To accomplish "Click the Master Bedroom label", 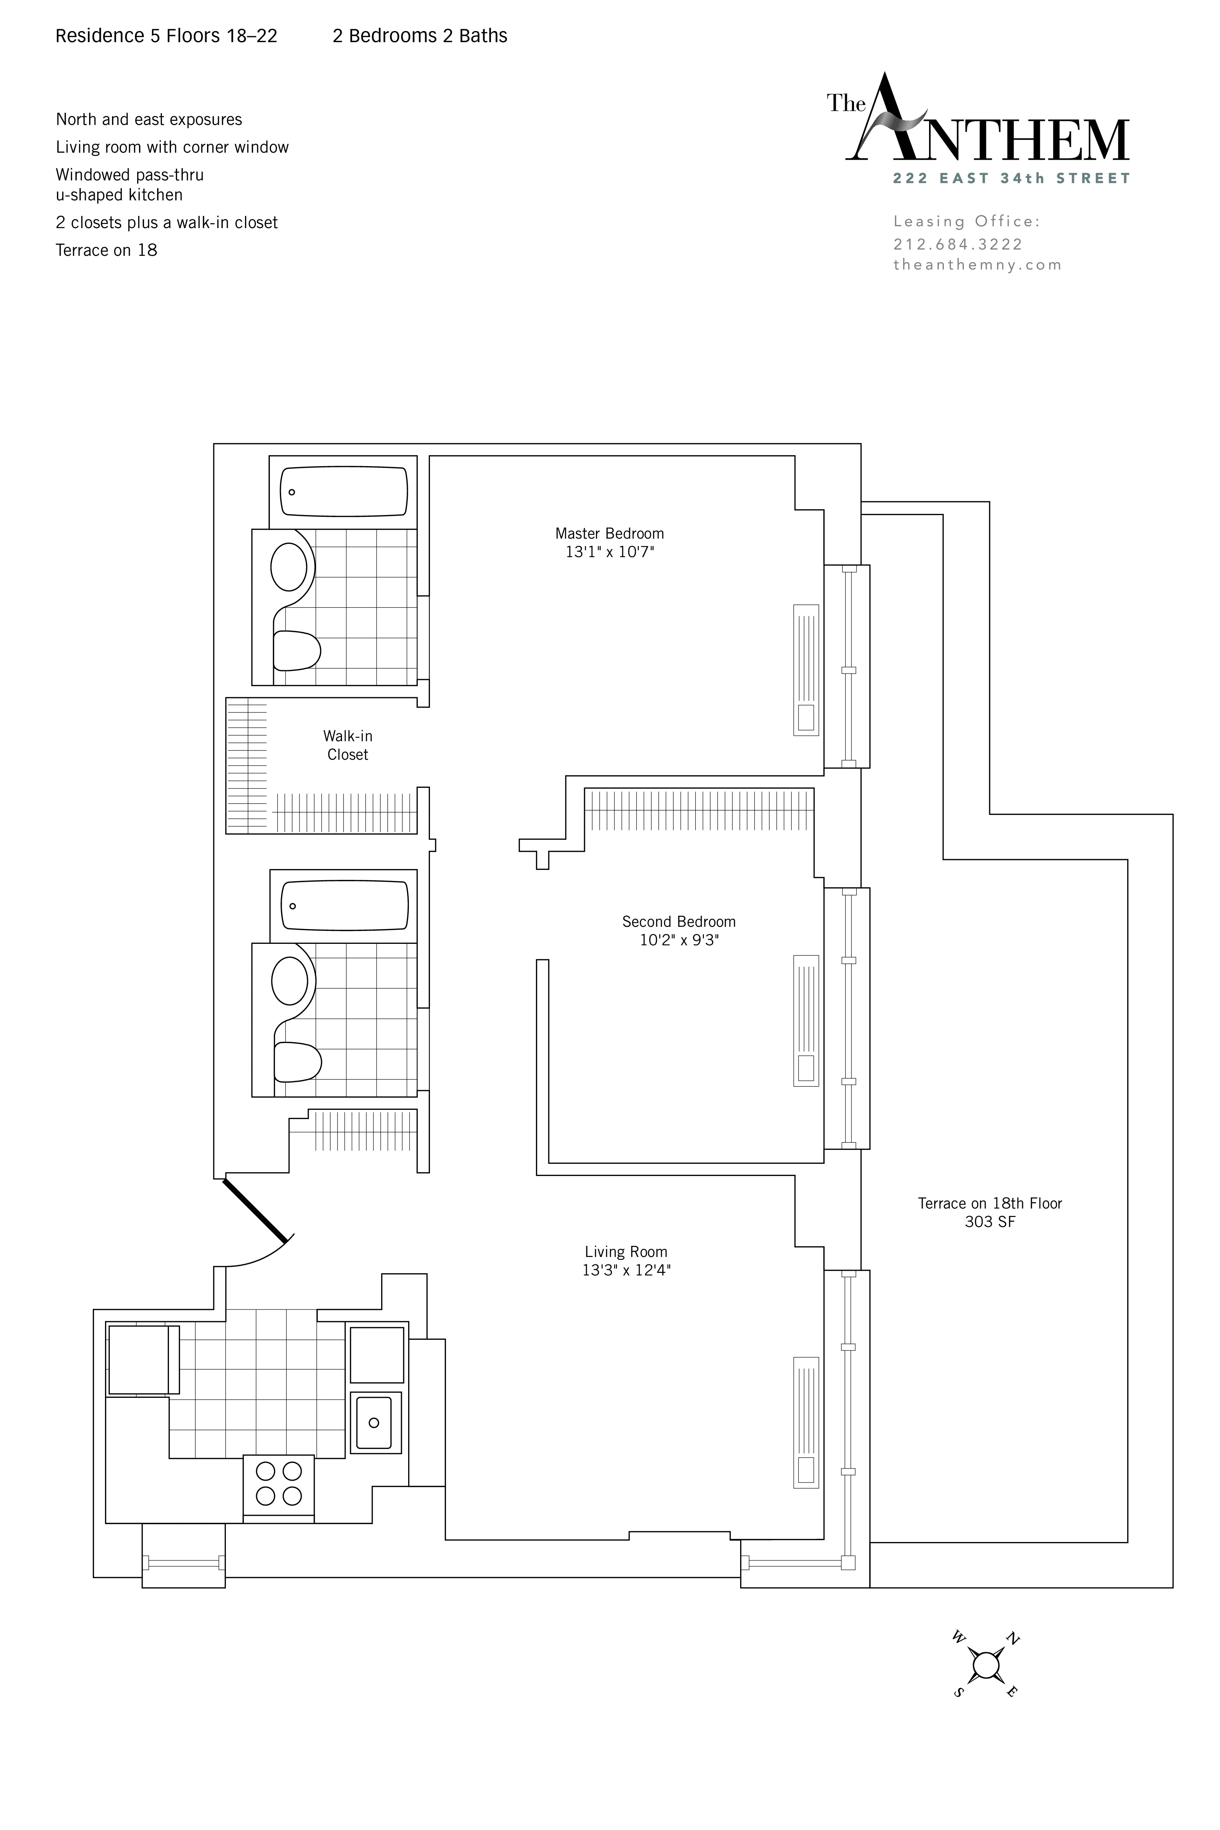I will coord(609,534).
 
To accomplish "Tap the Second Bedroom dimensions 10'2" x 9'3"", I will coord(678,940).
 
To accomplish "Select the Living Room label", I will coord(626,1252).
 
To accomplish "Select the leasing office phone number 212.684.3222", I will coord(957,244).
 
